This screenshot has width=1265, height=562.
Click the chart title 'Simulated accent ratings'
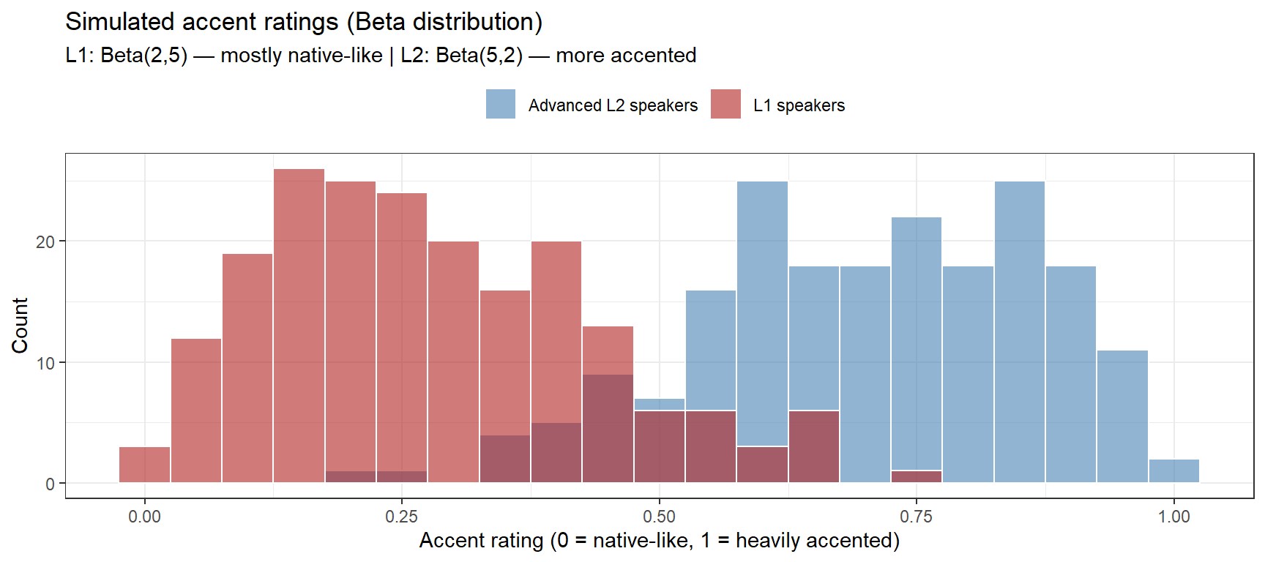pyautogui.click(x=303, y=22)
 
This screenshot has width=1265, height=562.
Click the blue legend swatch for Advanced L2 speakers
pyautogui.click(x=501, y=104)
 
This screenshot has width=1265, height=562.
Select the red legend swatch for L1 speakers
pyautogui.click(x=725, y=104)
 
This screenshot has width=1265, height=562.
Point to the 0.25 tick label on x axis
pyautogui.click(x=401, y=517)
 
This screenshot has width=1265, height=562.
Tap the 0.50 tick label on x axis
pyautogui.click(x=659, y=517)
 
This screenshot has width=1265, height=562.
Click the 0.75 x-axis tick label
pyautogui.click(x=916, y=517)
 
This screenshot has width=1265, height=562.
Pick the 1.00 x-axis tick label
pyautogui.click(x=1173, y=517)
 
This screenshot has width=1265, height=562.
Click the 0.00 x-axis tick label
pyautogui.click(x=144, y=517)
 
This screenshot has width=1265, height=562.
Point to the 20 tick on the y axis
pyautogui.click(x=45, y=241)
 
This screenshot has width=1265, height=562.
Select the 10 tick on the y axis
pyautogui.click(x=45, y=363)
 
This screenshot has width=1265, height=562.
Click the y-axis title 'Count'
pyautogui.click(x=20, y=326)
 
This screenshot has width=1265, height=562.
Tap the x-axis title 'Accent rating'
pyautogui.click(x=659, y=541)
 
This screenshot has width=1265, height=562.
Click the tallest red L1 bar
pyautogui.click(x=299, y=326)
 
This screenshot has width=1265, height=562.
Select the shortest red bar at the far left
pyautogui.click(x=144, y=465)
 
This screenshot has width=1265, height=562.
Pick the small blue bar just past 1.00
pyautogui.click(x=1173, y=471)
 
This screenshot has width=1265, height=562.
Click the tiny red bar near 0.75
pyautogui.click(x=916, y=476)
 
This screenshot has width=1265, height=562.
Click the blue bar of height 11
pyautogui.click(x=1122, y=417)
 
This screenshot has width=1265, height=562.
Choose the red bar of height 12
pyautogui.click(x=196, y=411)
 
